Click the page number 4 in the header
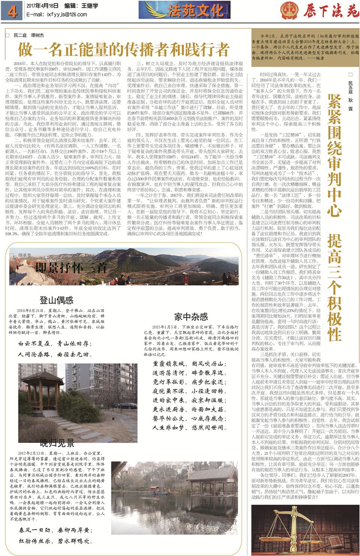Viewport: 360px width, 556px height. tap(12, 12)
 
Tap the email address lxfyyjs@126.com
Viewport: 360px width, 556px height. tap(57, 15)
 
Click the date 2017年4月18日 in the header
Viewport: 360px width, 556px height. tap(42, 6)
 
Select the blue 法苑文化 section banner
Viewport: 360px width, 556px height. tap(184, 10)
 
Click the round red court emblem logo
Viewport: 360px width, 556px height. tap(289, 10)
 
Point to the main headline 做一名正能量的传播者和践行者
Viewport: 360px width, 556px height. tap(123, 49)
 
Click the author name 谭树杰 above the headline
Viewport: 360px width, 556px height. tap(37, 35)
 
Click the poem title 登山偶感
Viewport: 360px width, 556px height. tap(56, 300)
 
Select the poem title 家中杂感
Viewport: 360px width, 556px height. tap(191, 317)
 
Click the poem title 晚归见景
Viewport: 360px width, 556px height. tap(57, 444)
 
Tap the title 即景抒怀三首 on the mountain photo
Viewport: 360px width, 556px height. tap(71, 268)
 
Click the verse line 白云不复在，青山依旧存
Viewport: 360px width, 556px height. tap(54, 343)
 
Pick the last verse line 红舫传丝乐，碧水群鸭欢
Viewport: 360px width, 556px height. tap(56, 541)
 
